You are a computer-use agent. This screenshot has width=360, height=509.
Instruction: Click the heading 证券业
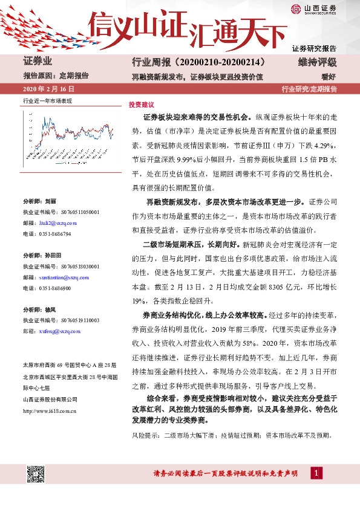coord(38,62)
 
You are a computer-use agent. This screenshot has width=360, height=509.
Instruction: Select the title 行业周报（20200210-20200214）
coord(198,62)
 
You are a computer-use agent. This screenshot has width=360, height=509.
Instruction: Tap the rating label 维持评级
coord(317,62)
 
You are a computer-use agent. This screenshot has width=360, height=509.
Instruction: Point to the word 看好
coord(329,76)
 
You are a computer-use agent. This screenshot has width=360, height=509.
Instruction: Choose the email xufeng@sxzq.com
coord(58,331)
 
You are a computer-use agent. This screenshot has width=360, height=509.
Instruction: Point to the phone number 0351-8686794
coord(55,233)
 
